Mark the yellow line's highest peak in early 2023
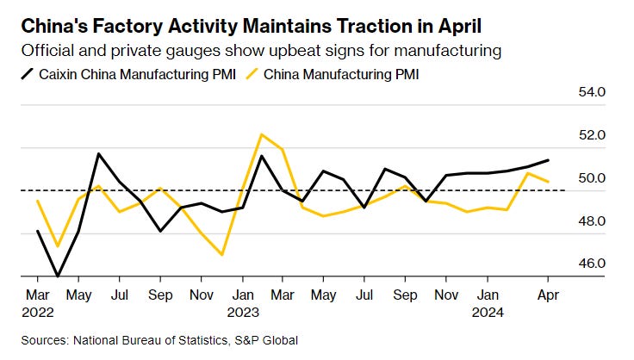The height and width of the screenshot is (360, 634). pos(261,134)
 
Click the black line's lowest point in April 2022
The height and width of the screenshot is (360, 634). pos(58,276)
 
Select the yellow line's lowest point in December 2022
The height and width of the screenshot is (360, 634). pos(221,255)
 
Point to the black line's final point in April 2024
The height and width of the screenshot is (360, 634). pos(549,160)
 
